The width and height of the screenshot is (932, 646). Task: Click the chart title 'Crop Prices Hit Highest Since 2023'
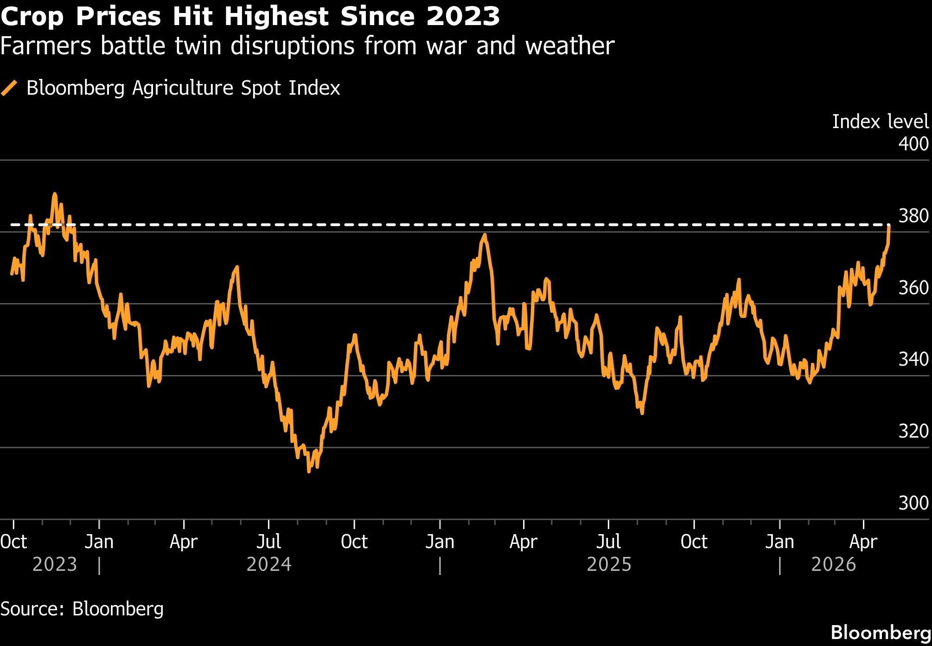pos(250,17)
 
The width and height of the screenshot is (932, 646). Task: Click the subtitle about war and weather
pos(307,46)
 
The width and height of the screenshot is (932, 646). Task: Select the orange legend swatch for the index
pos(9,88)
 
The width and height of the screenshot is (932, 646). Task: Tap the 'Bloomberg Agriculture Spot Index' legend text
pos(183,88)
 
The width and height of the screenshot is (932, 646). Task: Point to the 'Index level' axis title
pos(880,122)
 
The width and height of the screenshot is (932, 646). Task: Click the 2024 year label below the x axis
pos(269,565)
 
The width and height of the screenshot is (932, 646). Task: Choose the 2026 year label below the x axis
pos(833,565)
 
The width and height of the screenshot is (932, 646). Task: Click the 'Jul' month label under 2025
pos(608,542)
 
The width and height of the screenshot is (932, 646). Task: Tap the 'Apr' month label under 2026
pos(863,542)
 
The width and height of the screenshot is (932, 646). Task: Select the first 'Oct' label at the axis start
pos(14,542)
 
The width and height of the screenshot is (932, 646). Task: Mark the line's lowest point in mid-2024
pos(309,472)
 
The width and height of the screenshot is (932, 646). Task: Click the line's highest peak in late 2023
pos(55,194)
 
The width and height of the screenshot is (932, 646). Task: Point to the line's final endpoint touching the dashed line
pos(889,226)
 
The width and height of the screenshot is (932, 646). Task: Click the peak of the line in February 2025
pos(485,235)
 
